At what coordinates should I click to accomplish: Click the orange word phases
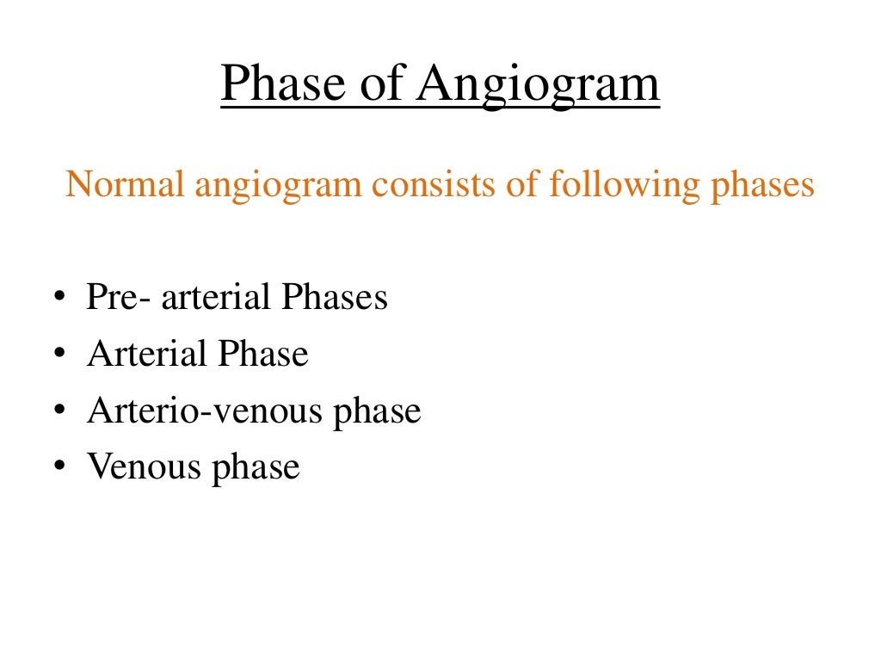761,186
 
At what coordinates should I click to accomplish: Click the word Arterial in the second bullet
146,355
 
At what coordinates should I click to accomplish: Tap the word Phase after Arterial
262,355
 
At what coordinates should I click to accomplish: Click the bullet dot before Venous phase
59,468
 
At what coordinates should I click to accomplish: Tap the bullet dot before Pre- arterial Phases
59,298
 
